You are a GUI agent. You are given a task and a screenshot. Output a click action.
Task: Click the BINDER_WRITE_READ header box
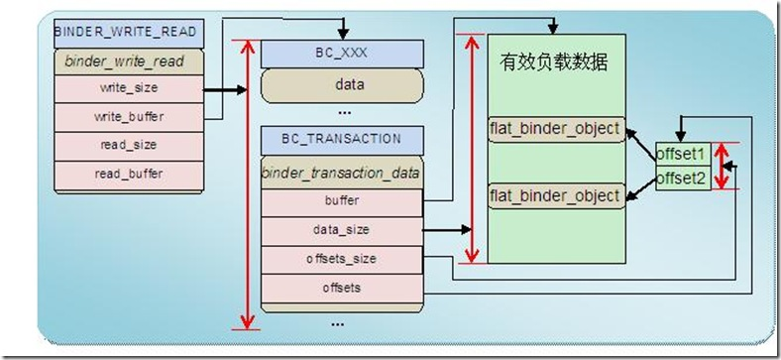129,31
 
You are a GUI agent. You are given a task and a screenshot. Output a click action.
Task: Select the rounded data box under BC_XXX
343,84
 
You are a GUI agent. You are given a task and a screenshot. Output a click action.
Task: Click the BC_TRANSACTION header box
343,139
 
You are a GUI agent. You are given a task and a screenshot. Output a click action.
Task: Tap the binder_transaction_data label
343,173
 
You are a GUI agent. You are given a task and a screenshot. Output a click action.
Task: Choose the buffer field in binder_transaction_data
343,200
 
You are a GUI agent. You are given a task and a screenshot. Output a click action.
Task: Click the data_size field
343,229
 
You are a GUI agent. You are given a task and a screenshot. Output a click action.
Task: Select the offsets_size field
343,258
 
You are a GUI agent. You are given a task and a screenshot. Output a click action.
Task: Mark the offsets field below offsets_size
343,287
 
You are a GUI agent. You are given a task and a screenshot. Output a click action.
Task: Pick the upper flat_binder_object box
555,128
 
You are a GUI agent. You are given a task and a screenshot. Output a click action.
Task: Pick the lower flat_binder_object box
555,195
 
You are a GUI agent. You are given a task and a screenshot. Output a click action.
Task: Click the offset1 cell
682,155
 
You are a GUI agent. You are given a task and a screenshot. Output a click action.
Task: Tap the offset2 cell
682,180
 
